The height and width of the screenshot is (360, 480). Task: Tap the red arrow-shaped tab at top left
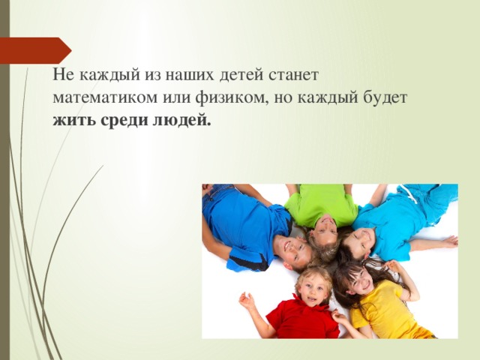coord(35,49)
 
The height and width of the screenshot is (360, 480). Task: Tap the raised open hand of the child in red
coord(247,301)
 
